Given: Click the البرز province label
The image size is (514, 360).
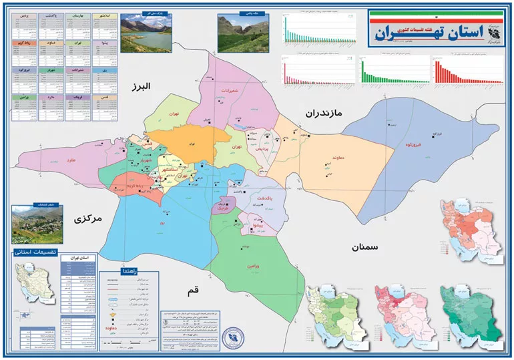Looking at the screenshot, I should pyautogui.click(x=142, y=87).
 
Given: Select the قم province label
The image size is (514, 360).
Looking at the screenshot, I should pyautogui.click(x=194, y=292).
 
